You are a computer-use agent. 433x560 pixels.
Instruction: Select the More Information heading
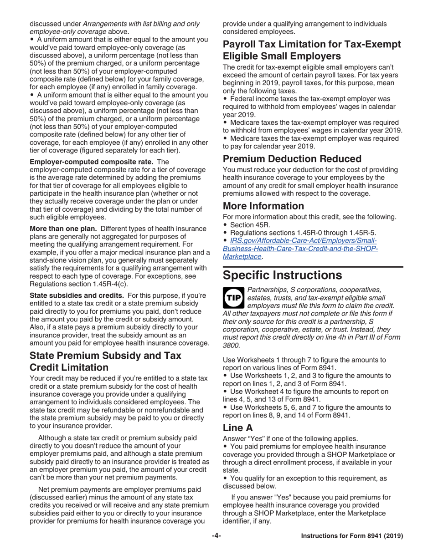263,206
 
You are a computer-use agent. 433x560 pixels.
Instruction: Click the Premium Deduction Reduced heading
292,159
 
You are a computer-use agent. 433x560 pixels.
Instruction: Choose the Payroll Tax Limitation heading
311,50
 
